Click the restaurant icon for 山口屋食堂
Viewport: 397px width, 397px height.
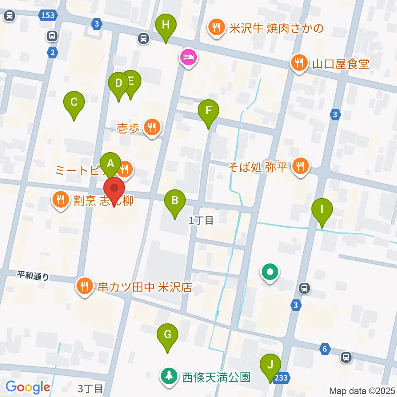298,63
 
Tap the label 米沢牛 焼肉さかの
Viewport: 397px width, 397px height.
276,29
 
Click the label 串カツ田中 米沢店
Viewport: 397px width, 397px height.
145,287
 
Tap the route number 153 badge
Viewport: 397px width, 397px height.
48,15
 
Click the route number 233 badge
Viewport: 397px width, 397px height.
281,378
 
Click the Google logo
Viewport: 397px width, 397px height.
28,387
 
